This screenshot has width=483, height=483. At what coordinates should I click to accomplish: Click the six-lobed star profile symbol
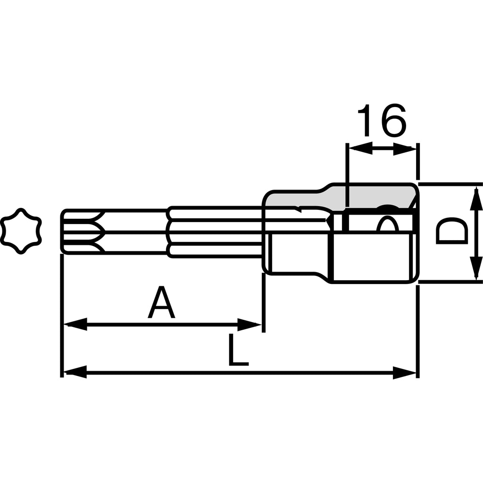click(21, 231)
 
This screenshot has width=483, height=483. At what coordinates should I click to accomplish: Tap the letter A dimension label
click(161, 302)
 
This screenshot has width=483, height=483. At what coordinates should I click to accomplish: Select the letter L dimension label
click(238, 350)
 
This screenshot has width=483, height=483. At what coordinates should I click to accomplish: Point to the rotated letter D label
click(451, 231)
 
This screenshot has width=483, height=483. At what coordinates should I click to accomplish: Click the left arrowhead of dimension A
click(75, 325)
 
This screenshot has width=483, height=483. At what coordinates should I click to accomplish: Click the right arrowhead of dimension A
click(250, 325)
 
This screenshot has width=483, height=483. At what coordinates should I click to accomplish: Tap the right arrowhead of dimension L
click(405, 373)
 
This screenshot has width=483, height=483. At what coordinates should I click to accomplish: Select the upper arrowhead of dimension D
click(476, 199)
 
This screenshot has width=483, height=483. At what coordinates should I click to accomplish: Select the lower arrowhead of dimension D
click(476, 268)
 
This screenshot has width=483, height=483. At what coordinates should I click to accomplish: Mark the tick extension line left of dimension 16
click(348, 175)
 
